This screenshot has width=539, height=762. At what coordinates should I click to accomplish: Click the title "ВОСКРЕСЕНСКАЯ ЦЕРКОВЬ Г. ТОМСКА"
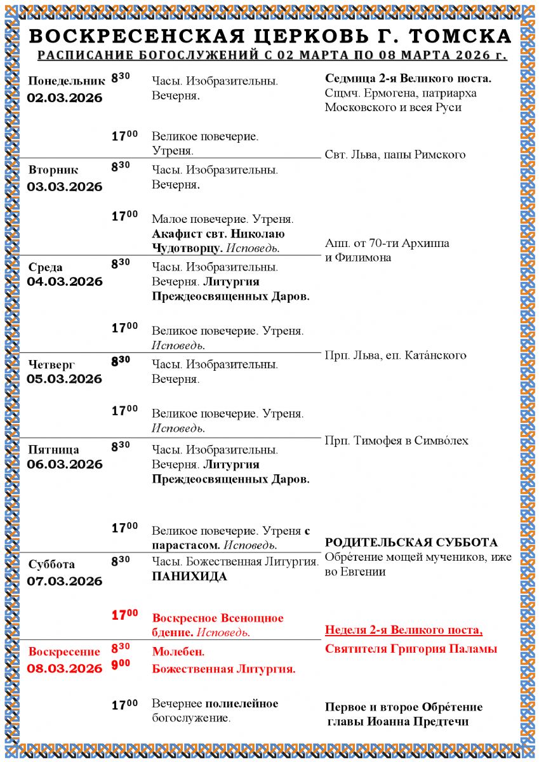[x=270, y=36]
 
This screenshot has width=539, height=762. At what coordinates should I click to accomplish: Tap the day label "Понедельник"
[x=66, y=81]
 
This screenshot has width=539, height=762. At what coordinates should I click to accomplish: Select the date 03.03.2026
[x=65, y=187]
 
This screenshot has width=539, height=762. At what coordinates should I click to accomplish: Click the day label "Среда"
[x=46, y=267]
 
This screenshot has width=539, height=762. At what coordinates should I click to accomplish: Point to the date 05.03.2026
[x=65, y=379]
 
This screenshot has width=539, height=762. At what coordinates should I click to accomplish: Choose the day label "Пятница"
[x=54, y=450]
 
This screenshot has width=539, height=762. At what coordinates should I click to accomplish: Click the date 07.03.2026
[x=65, y=581]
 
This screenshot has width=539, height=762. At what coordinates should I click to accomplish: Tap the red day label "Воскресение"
[x=65, y=652]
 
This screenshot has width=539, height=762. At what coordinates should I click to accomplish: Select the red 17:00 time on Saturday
[x=124, y=615]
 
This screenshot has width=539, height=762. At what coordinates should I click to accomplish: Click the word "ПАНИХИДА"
[x=189, y=577]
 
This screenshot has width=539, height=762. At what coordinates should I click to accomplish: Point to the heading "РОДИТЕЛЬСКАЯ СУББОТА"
[x=411, y=543]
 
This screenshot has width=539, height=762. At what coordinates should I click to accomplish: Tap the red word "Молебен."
[x=178, y=652]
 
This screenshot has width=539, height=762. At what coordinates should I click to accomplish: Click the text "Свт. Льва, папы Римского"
[x=395, y=155]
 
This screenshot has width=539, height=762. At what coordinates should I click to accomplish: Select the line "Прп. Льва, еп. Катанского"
[x=396, y=355]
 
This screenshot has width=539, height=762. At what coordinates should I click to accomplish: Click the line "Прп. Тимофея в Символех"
[x=397, y=441]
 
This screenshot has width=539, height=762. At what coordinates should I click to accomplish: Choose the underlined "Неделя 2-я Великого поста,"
[x=404, y=631]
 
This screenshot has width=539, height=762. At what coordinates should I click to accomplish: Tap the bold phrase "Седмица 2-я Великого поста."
[x=408, y=79]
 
